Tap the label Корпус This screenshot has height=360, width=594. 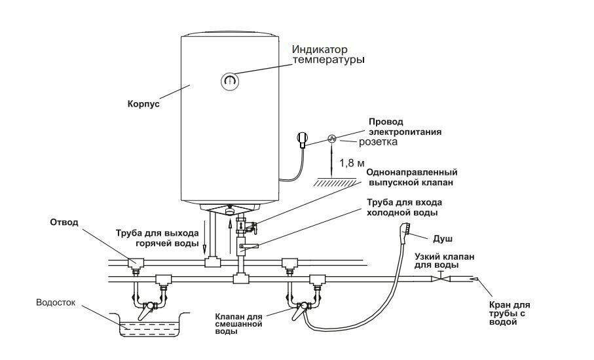click(144, 103)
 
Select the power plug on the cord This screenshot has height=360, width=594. click(301, 139)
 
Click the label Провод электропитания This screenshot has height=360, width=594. click(405, 126)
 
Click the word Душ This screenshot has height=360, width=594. click(443, 240)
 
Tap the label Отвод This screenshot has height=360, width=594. click(64, 223)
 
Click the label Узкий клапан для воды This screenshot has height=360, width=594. click(446, 261)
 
